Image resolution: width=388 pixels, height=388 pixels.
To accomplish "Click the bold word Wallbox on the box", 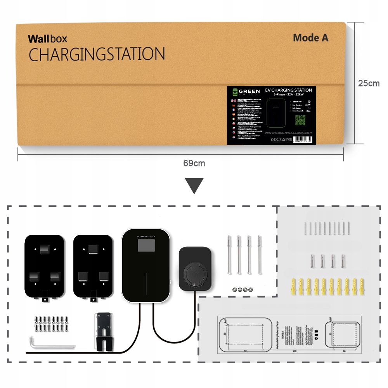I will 47,39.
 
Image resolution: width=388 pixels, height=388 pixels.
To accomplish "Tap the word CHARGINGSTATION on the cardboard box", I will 97,55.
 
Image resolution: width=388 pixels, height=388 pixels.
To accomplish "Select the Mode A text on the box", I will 310,38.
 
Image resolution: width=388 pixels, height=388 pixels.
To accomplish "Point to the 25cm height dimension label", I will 369,83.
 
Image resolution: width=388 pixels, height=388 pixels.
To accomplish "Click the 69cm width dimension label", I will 194,163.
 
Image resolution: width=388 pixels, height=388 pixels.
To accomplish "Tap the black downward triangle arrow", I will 194,186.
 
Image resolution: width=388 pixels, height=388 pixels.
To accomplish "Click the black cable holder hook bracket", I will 104,330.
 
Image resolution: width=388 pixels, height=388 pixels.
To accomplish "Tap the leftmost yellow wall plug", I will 294,287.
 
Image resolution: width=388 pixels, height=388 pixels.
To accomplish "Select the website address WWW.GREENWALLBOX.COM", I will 288,133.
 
